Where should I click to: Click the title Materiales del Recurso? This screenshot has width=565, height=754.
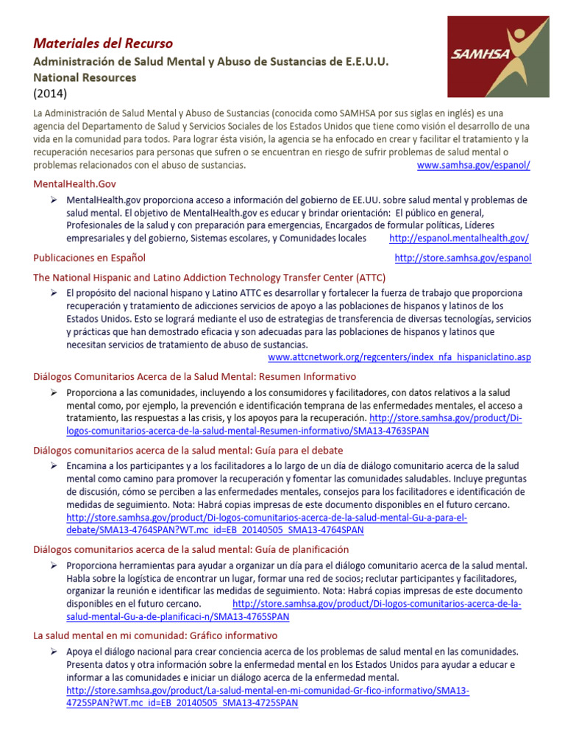point(104,43)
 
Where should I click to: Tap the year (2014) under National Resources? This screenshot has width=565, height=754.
point(50,94)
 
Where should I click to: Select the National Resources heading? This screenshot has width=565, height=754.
point(85,77)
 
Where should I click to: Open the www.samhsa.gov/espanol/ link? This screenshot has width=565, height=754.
point(473,165)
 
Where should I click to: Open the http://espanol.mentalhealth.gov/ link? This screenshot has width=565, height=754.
point(458,239)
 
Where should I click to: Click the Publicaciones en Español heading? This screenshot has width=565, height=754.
point(90,258)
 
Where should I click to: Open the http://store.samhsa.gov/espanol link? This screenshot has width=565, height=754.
point(463,258)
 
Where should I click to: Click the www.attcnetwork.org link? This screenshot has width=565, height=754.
point(399,357)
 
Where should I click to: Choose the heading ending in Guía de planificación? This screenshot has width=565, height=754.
point(191,549)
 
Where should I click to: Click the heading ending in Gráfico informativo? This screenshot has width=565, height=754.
point(155,635)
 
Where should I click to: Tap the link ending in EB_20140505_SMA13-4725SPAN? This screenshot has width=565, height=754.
point(182,703)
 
